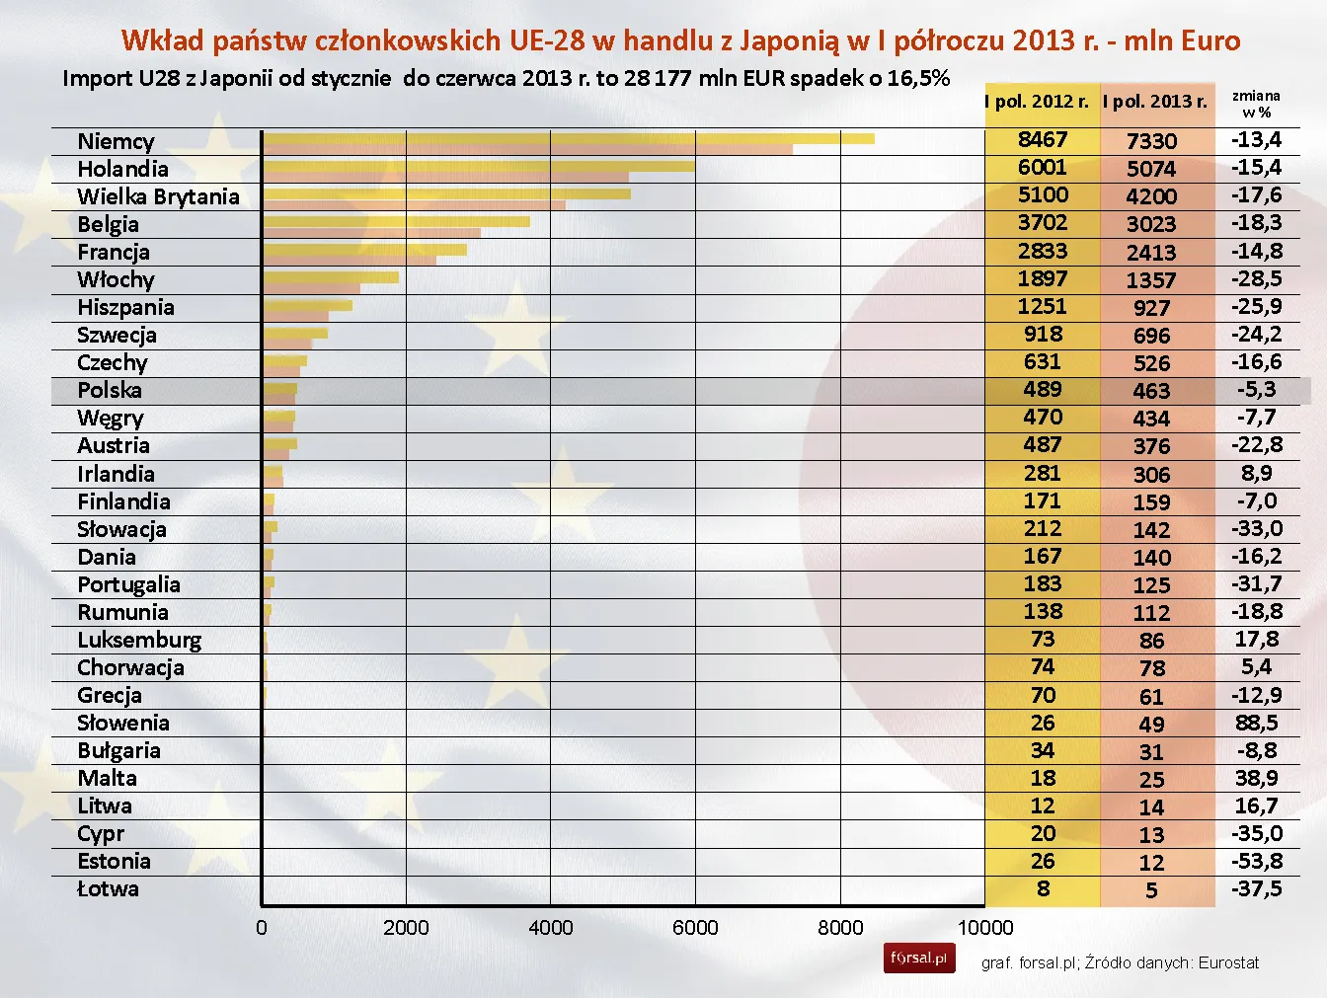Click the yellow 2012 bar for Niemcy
pyautogui.click(x=568, y=138)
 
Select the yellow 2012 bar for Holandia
pyautogui.click(x=479, y=166)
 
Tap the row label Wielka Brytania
pyautogui.click(x=158, y=196)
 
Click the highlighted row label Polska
pyautogui.click(x=110, y=390)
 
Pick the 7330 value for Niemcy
pyautogui.click(x=1151, y=141)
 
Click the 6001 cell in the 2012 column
pyautogui.click(x=1043, y=168)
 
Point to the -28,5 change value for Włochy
pyautogui.click(x=1256, y=278)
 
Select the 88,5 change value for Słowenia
pyautogui.click(x=1256, y=723)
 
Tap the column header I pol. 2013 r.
pyautogui.click(x=1155, y=102)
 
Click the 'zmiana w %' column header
pyautogui.click(x=1256, y=104)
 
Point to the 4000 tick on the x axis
pyautogui.click(x=550, y=928)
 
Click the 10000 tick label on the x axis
pyautogui.click(x=984, y=928)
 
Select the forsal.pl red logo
pyautogui.click(x=919, y=959)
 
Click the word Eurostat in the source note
pyautogui.click(x=1228, y=962)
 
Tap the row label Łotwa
pyautogui.click(x=108, y=889)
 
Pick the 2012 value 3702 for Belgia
pyautogui.click(x=1043, y=223)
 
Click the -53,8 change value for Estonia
pyautogui.click(x=1256, y=861)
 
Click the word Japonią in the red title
pyautogui.click(x=789, y=40)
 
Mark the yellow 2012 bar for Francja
pyautogui.click(x=364, y=250)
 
